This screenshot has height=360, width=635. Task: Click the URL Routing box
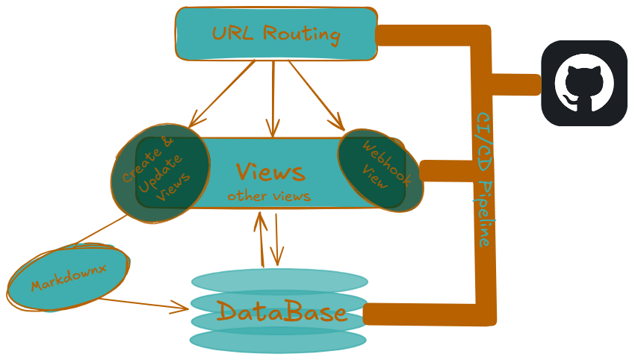click(276, 34)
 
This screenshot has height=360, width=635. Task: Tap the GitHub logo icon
click(584, 83)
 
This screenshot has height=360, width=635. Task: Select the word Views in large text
click(270, 172)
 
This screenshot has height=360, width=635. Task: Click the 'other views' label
click(269, 196)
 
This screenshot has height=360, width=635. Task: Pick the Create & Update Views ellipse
click(156, 172)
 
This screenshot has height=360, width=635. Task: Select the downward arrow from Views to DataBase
click(276, 239)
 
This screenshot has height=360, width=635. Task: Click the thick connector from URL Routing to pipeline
click(426, 36)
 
